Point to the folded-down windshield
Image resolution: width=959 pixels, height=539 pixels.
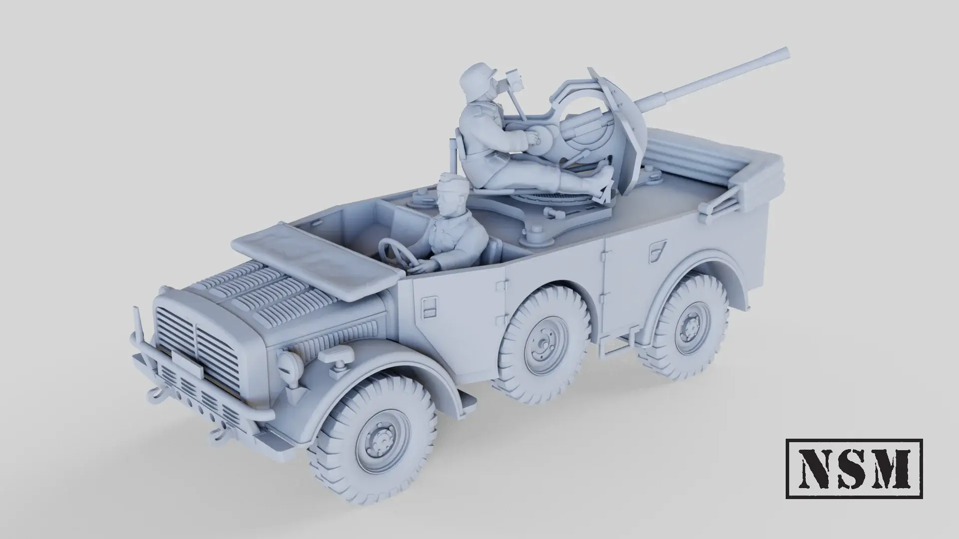pyautogui.click(x=312, y=260)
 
